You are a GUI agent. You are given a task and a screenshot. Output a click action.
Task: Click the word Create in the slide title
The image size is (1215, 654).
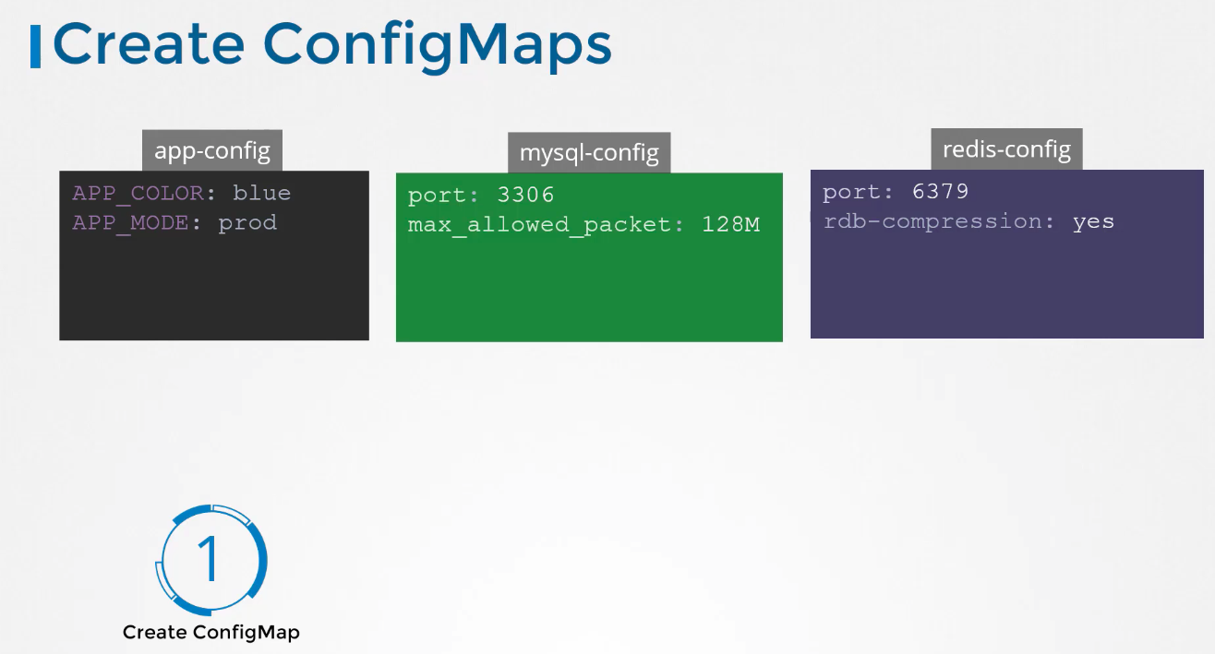pos(149,43)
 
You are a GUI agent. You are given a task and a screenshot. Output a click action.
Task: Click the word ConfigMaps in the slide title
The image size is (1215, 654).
pos(438,47)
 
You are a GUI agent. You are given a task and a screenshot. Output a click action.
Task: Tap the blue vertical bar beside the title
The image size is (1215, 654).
pos(35,47)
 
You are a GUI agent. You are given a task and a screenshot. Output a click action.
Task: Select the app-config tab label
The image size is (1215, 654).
pos(212,150)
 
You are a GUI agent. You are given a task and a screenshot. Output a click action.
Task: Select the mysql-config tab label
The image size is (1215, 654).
pos(589,152)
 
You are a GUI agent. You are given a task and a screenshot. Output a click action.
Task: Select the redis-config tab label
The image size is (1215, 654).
pos(1006,149)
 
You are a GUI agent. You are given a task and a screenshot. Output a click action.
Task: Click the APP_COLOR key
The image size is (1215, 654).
pos(138,194)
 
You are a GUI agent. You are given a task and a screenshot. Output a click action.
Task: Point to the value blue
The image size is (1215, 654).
pos(261,193)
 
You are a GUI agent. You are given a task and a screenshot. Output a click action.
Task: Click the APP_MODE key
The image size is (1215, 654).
pos(131,223)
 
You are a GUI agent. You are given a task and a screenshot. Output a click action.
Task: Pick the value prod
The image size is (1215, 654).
pos(247,223)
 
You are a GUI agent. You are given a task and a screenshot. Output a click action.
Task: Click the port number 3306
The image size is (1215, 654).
pos(525,195)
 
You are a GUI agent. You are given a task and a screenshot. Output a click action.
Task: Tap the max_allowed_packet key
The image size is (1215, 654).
pos(540,225)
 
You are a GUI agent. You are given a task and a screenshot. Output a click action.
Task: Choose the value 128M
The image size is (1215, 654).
pos(730,224)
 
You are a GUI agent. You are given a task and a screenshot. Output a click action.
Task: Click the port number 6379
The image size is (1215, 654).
pos(941,191)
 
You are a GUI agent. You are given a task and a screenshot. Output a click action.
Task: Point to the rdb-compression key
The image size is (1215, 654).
pos(932,221)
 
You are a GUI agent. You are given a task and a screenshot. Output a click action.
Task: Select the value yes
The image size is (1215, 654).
pos(1093,222)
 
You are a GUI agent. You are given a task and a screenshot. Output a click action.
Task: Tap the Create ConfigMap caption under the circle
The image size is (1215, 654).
pos(211,633)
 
